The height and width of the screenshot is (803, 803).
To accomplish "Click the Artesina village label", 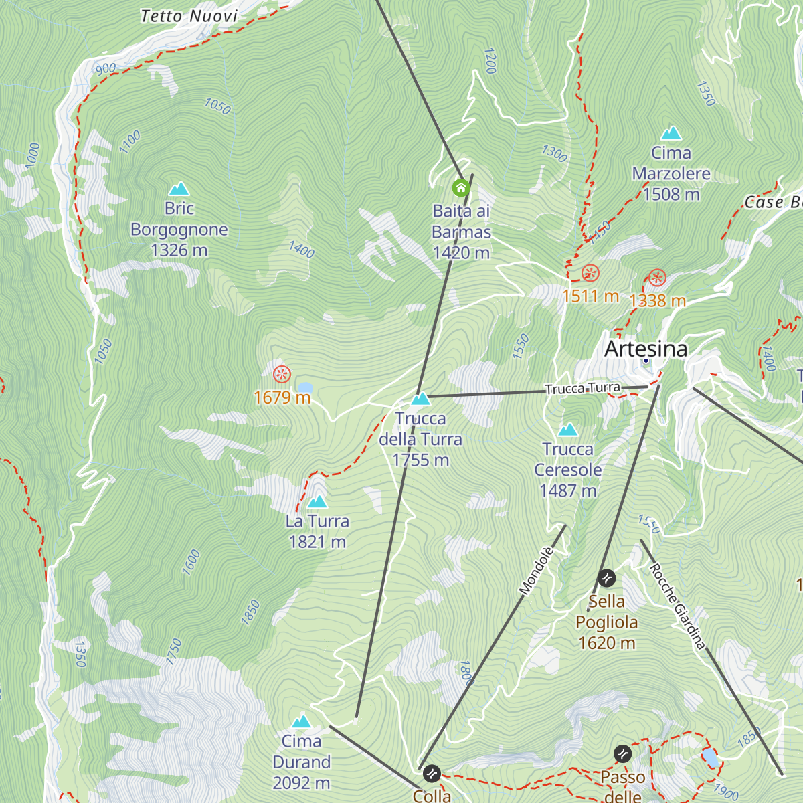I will [x=646, y=349].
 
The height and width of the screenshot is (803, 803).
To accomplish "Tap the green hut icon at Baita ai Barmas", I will [x=460, y=187].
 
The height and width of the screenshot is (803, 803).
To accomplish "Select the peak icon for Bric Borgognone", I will [x=179, y=189].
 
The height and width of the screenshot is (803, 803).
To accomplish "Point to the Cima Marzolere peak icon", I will [x=671, y=133].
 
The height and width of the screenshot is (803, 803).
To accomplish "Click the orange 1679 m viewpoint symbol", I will [x=282, y=374].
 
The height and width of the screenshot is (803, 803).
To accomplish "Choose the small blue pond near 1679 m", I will [x=305, y=387].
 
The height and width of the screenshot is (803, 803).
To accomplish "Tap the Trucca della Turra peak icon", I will [x=420, y=399].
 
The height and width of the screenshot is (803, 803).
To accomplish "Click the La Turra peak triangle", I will [x=317, y=501].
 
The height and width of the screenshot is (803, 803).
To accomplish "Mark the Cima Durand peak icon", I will [x=302, y=721].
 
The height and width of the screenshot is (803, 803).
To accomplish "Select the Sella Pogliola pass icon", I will [x=607, y=577].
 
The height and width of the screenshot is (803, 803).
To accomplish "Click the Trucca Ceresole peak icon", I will [x=567, y=430].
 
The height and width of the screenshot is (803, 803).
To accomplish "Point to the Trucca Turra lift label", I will [x=582, y=389].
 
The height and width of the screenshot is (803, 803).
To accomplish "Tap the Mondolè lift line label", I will [x=537, y=571].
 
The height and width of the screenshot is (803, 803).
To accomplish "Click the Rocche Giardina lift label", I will [x=677, y=606].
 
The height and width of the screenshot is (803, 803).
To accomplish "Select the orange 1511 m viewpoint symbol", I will [x=590, y=273].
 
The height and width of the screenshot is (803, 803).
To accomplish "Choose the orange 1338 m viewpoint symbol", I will [x=657, y=278].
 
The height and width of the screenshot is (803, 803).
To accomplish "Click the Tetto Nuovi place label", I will [x=189, y=16].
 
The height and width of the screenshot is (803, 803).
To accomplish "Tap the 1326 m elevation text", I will [x=179, y=250].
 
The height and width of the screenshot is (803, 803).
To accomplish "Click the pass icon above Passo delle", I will [x=622, y=754].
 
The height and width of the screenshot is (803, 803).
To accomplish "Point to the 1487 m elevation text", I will [x=567, y=491].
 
